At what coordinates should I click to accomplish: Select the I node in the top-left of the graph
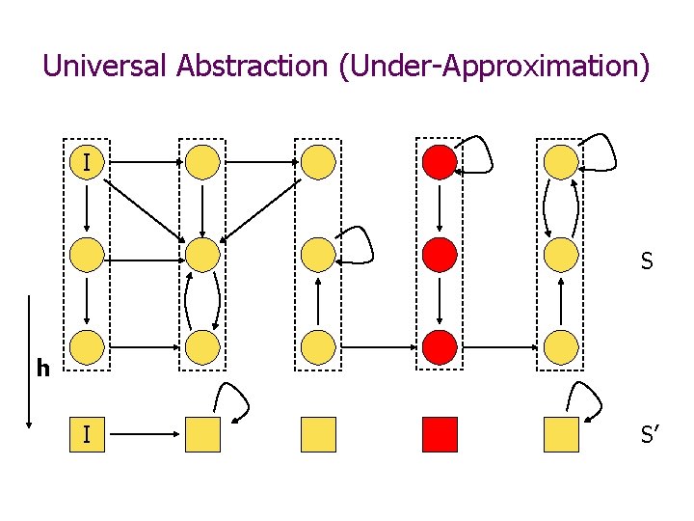87,162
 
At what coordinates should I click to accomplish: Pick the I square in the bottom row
87,435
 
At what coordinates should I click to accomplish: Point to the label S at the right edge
647,261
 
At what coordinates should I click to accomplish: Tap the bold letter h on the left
42,368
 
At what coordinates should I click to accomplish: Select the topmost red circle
440,162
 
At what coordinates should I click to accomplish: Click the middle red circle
440,255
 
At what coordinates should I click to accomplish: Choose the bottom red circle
440,345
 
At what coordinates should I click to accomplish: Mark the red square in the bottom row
440,435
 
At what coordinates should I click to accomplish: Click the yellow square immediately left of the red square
319,435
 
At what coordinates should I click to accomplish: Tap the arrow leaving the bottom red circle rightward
499,345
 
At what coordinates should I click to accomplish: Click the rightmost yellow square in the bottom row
561,435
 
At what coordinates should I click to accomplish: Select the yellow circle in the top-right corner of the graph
561,162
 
